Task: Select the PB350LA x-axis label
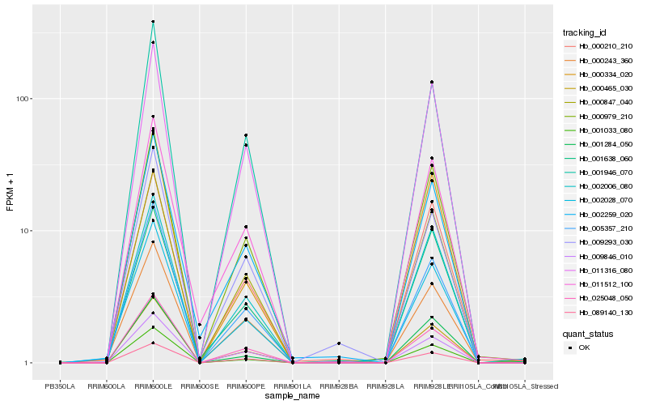click(60, 387)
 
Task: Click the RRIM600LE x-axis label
click(153, 387)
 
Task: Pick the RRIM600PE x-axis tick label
click(246, 387)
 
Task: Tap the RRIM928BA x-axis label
click(339, 387)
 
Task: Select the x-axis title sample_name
click(292, 397)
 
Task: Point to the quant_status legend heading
click(589, 333)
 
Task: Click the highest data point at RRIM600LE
click(153, 22)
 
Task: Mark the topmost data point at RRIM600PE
click(246, 135)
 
